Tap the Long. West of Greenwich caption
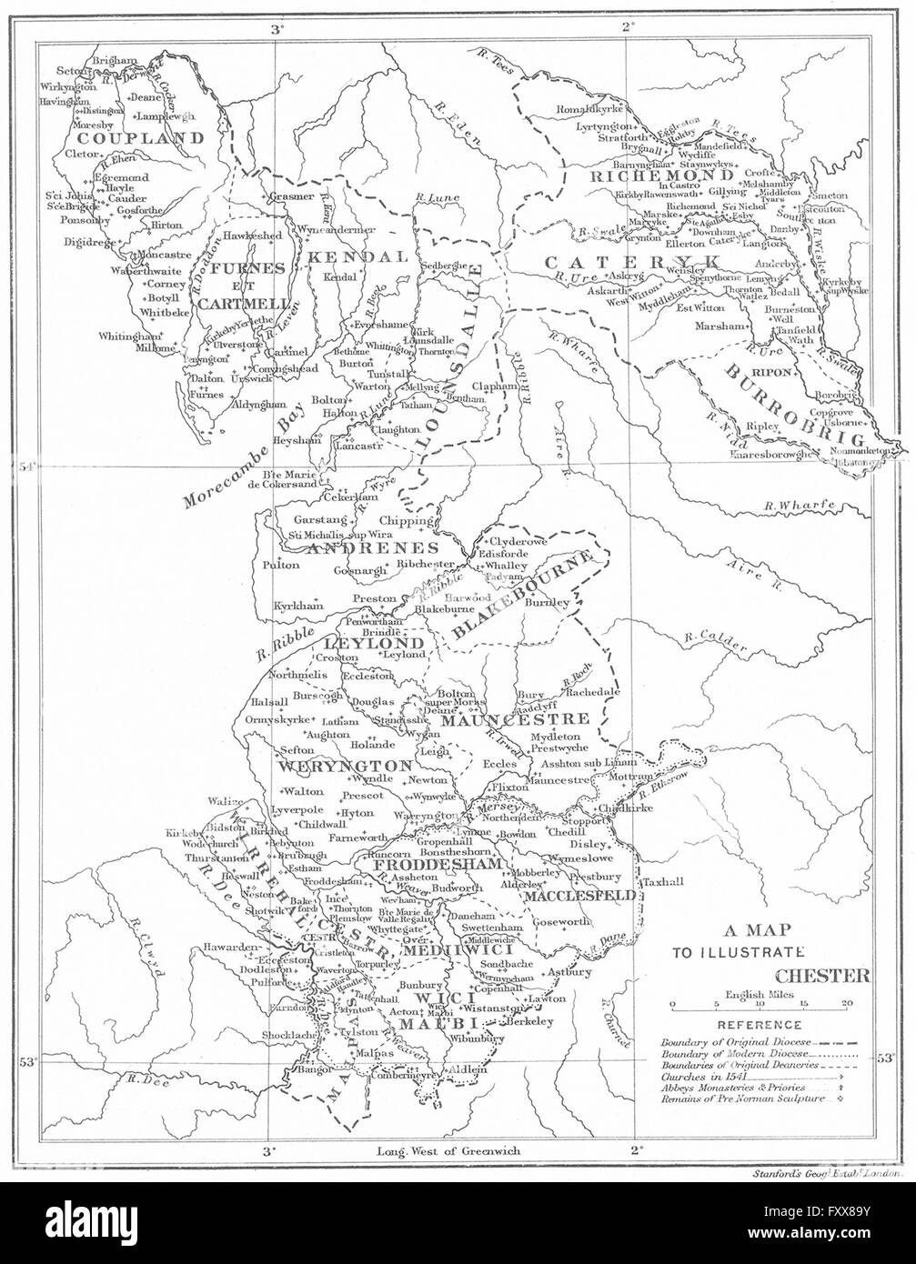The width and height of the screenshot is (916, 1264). pyautogui.click(x=448, y=1150)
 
